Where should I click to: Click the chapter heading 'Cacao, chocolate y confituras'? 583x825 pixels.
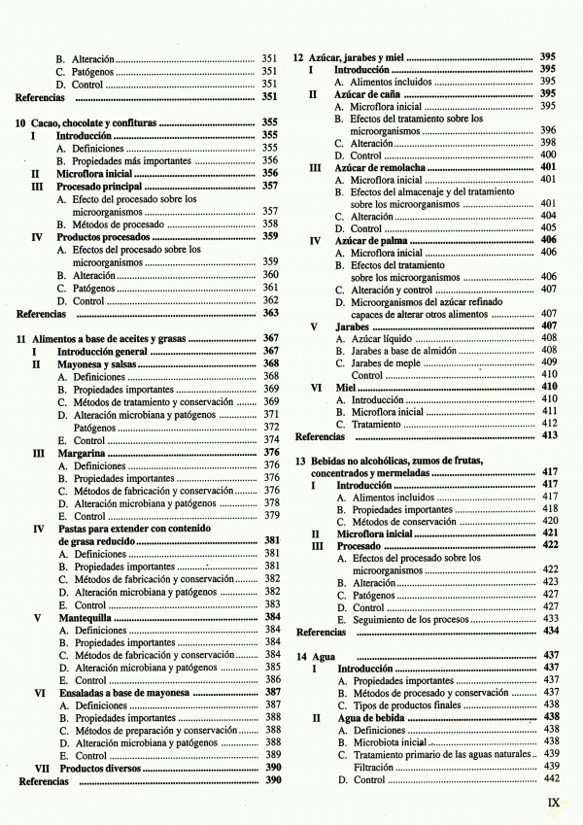click(x=91, y=121)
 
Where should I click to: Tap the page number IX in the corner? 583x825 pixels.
click(x=554, y=803)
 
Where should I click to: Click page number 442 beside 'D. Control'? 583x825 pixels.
click(x=551, y=779)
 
